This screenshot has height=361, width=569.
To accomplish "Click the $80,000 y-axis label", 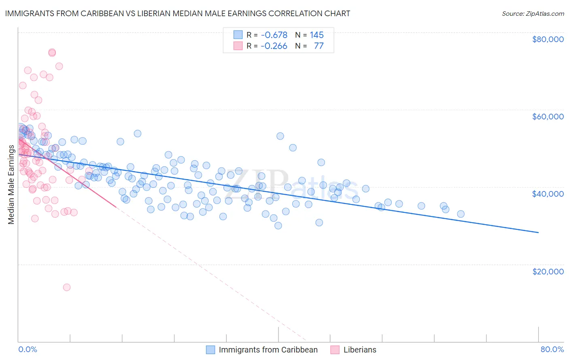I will (548, 39).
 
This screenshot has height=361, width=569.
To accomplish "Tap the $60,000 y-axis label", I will (548, 117).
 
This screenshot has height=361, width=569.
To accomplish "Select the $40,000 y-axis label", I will (548, 194).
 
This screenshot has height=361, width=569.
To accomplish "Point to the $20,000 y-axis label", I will (548, 271).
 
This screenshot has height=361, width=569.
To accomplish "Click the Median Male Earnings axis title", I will (11, 185).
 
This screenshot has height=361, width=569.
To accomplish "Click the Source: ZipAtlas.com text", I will (533, 14).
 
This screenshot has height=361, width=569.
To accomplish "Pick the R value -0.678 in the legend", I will (274, 35).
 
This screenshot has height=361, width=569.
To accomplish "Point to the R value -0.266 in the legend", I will (274, 46).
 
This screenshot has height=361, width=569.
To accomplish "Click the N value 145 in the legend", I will (317, 35).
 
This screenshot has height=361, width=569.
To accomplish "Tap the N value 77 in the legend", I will (319, 46).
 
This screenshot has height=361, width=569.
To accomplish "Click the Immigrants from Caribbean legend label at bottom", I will (268, 350).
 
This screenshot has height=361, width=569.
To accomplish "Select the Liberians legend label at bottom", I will (360, 350).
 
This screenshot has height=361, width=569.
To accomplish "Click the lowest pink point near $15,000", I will (67, 287).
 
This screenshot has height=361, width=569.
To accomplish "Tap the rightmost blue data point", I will (461, 214).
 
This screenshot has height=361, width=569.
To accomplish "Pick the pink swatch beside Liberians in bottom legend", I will (335, 350).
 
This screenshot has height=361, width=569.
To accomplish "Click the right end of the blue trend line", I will (538, 233).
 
